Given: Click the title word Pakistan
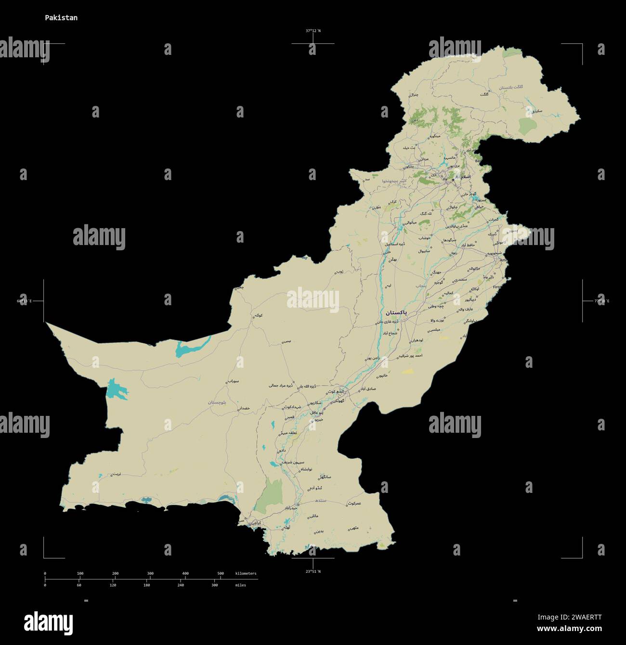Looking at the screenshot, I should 61,18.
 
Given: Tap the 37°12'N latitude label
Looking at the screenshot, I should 313,31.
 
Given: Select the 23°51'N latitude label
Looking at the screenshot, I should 313,571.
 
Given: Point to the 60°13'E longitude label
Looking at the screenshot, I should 24,301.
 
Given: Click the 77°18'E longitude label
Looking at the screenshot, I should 601,301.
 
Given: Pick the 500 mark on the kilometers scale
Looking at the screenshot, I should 221,573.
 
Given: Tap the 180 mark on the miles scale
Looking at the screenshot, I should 146,585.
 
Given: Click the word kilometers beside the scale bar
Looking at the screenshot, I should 246,573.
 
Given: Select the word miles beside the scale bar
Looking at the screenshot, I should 240,585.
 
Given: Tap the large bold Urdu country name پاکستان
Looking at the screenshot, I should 392,312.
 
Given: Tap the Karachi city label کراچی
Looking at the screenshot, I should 254,522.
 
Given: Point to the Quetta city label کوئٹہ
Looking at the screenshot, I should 259,316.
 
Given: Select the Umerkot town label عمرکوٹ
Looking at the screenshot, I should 354,503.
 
